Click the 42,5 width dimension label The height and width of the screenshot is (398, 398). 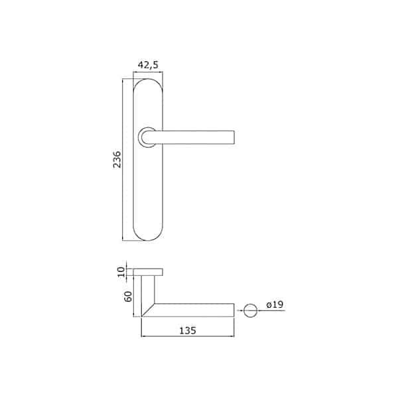coord(147,64)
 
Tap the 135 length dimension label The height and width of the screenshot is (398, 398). coord(189,330)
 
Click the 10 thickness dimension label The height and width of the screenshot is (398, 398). coord(121,271)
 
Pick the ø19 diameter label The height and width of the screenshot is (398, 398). coord(274,304)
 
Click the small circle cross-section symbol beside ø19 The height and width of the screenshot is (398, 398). coord(250,309)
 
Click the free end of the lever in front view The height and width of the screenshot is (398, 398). coord(232,137)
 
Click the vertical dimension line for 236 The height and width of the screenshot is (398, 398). coord(124,159)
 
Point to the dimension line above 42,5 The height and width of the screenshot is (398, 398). coord(147,71)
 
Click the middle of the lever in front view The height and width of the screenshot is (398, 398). coord(196,137)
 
